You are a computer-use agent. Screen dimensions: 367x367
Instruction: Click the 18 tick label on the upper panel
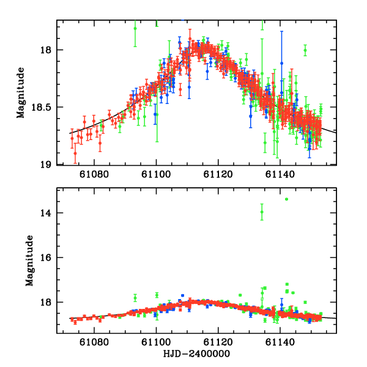pyautogui.click(x=45, y=50)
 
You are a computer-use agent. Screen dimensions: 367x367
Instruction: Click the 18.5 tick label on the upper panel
pyautogui.click(x=41, y=107)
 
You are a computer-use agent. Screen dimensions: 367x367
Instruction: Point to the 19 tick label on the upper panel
pyautogui.click(x=45, y=164)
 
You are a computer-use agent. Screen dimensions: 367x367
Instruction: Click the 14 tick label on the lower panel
pyautogui.click(x=45, y=213)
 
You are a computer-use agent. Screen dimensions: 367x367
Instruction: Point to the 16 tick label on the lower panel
pyautogui.click(x=45, y=258)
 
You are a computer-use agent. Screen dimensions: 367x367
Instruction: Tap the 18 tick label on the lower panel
pyautogui.click(x=45, y=302)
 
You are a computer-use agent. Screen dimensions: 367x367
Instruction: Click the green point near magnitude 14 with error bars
pyautogui.click(x=262, y=212)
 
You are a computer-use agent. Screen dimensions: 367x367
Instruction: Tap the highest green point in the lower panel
pyautogui.click(x=286, y=199)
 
